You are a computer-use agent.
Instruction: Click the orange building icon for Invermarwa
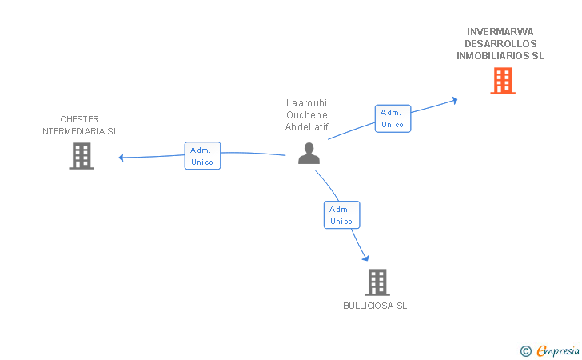tap(503, 81)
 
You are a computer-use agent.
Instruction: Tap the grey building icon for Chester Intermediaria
tap(82, 156)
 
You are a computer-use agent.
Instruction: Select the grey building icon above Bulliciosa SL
tap(377, 282)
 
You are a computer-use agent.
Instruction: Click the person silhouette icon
tap(309, 153)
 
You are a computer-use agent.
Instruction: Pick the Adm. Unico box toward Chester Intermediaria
tap(203, 156)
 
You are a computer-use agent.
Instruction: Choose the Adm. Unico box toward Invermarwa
tap(393, 118)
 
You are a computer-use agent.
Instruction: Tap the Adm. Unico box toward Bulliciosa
tap(342, 214)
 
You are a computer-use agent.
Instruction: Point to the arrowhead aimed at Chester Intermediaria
tap(121, 158)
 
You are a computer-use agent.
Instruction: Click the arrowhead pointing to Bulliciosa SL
tap(366, 258)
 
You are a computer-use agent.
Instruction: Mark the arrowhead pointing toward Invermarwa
tap(454, 100)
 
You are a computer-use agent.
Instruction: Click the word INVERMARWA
tap(500, 31)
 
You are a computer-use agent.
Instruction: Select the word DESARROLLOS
tap(500, 44)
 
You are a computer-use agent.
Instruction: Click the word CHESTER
tap(79, 119)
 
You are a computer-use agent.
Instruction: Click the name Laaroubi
tap(307, 103)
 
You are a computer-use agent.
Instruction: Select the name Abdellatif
tap(307, 127)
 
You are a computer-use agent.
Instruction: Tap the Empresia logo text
tap(558, 351)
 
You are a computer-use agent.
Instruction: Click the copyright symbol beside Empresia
tap(526, 351)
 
